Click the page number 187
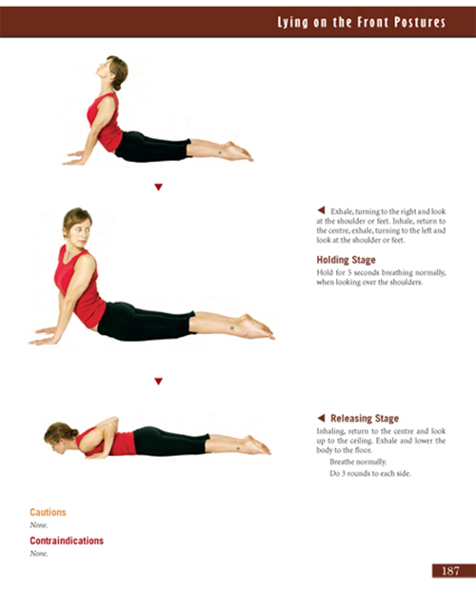click(447, 571)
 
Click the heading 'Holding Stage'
click(346, 260)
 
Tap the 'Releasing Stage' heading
click(364, 418)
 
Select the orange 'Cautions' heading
click(48, 512)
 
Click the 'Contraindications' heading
click(67, 541)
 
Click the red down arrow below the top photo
click(158, 187)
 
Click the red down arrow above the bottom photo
click(158, 381)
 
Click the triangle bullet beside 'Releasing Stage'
click(321, 418)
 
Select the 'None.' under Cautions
click(39, 524)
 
